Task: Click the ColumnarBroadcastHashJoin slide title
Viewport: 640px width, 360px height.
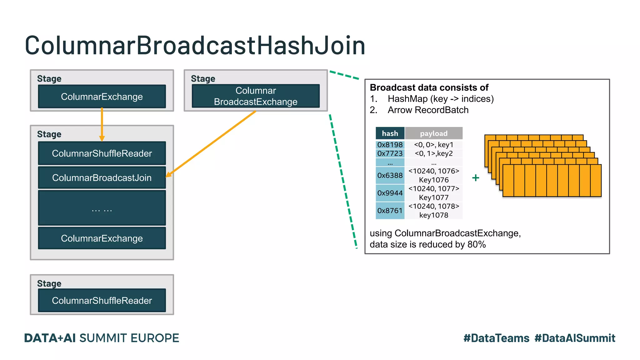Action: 195,46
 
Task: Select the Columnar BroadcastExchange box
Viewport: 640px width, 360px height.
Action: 256,96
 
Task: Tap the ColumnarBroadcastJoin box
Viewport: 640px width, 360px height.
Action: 102,177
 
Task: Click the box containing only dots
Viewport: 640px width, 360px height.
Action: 102,208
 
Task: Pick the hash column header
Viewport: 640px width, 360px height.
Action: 390,133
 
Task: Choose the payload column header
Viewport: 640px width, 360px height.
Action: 433,133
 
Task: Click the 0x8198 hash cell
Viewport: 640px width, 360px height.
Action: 390,145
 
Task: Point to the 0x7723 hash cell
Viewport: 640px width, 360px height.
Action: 390,153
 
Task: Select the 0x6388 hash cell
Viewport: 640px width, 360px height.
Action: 390,175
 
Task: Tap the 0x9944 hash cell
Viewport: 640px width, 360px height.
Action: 390,193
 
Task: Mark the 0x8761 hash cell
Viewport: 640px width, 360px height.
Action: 390,211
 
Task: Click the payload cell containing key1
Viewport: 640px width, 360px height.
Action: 433,145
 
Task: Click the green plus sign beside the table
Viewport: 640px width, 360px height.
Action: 476,178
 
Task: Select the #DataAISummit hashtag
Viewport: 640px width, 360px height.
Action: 575,338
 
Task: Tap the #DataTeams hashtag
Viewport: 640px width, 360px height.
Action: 496,338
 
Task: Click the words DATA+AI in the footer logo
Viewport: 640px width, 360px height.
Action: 50,338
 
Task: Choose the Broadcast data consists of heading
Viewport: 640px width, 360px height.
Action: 429,87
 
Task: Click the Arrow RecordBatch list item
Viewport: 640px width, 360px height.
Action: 428,110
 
